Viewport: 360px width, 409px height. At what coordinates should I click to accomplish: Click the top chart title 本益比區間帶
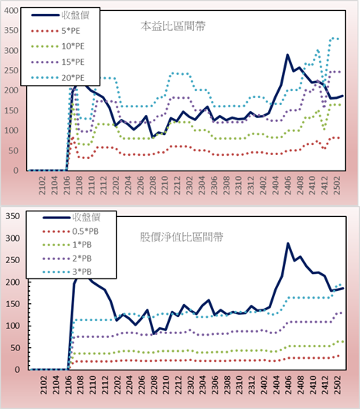click(x=173, y=26)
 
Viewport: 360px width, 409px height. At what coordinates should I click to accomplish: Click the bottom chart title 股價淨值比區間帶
click(x=182, y=238)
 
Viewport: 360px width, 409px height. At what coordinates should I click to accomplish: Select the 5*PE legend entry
click(x=56, y=31)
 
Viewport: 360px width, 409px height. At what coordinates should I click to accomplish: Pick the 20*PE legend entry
click(x=58, y=78)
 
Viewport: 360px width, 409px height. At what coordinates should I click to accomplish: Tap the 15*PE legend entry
click(x=58, y=62)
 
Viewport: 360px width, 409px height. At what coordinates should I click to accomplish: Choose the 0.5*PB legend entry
click(x=70, y=232)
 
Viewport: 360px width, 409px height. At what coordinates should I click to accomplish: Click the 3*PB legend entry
click(x=67, y=272)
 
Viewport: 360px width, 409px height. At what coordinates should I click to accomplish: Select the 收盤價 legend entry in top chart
click(x=60, y=15)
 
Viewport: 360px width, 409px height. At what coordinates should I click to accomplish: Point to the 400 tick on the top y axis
click(x=12, y=11)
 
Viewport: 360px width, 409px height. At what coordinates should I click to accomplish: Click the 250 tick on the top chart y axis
click(x=12, y=70)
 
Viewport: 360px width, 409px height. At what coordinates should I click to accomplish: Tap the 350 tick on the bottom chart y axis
click(x=12, y=216)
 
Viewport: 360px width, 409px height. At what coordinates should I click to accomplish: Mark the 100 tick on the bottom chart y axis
click(x=12, y=326)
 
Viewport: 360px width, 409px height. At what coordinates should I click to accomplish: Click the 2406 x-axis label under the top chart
click(x=288, y=185)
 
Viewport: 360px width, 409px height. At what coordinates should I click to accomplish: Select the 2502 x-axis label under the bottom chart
click(x=338, y=385)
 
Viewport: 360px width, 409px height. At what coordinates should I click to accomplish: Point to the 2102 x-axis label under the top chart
click(x=42, y=185)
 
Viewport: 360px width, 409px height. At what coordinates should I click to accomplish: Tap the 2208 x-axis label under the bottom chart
click(x=154, y=385)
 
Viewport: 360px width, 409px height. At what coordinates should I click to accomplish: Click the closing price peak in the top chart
click(x=287, y=55)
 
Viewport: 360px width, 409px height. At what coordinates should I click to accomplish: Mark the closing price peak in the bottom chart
click(x=288, y=243)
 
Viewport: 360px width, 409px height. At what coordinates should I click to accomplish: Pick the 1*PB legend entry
click(x=67, y=245)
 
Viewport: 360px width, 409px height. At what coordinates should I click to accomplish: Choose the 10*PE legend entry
click(x=58, y=46)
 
